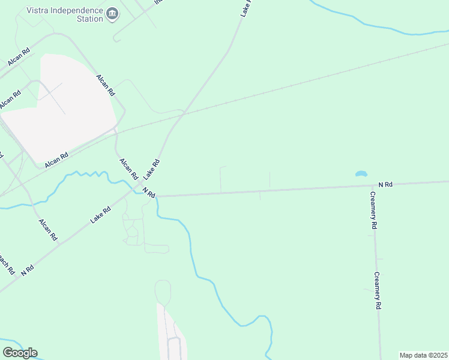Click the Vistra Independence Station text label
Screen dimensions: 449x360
[65, 14]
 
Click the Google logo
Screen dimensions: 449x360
[20, 353]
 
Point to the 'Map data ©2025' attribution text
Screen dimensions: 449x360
[423, 355]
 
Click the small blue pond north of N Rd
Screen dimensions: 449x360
[361, 174]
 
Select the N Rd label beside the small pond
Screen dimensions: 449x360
[385, 185]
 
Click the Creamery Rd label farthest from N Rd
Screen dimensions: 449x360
[378, 291]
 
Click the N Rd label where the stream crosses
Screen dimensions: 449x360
[149, 193]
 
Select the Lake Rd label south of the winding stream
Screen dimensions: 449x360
[101, 215]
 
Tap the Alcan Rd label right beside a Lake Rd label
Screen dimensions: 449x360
[129, 169]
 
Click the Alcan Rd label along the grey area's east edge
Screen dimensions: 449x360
[106, 85]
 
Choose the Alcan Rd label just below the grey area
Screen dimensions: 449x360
[57, 158]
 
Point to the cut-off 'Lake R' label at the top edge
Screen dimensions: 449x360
[246, 7]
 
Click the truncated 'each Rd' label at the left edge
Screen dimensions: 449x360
[6, 262]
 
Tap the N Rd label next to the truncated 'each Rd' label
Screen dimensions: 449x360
[28, 269]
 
